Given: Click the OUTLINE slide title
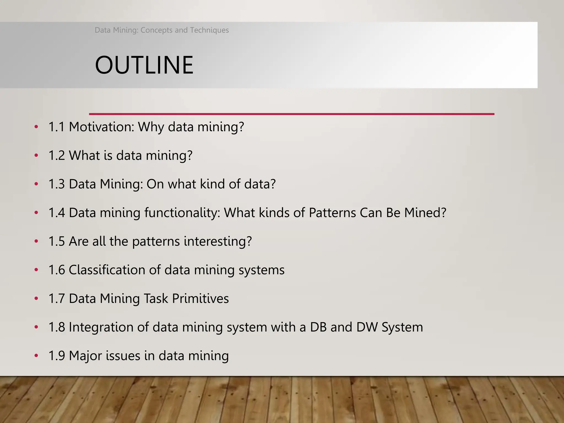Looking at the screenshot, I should point(144,65).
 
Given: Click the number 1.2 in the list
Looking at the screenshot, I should point(56,156).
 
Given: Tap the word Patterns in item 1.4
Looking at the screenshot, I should point(332,213).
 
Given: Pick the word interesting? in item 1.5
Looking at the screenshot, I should point(218,242).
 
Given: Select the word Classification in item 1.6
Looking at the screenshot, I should point(107,270).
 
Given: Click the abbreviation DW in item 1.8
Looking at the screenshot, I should point(367,327).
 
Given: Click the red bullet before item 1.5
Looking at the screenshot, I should point(36,242).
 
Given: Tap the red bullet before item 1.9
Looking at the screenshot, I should point(36,356).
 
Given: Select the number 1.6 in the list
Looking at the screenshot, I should point(56,270).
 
